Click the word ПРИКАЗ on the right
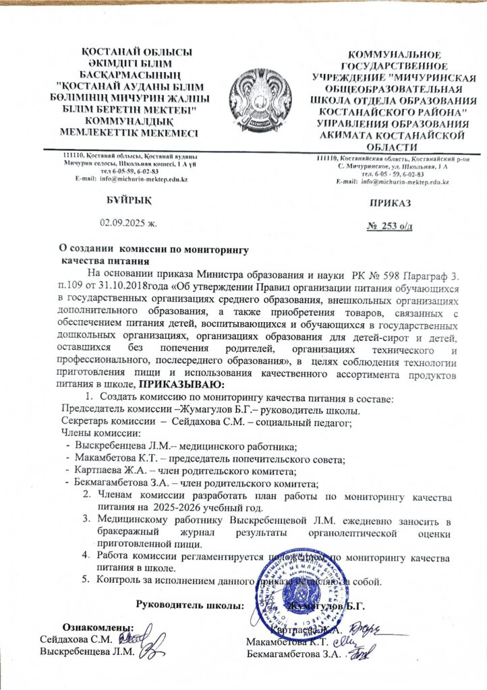point(389,201)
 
